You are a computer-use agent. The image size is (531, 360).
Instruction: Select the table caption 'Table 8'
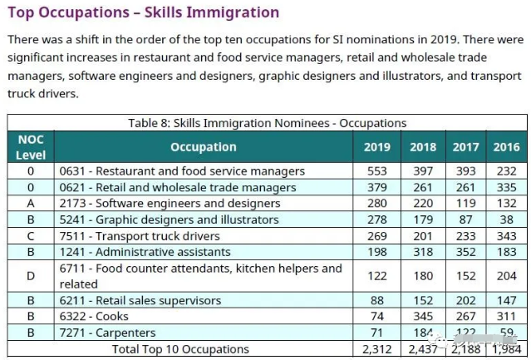click(x=267, y=123)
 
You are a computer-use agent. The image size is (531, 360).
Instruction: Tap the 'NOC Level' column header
click(x=31, y=147)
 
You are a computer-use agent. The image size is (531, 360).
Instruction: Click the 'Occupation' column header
click(x=203, y=147)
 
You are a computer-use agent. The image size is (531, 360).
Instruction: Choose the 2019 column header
click(x=377, y=147)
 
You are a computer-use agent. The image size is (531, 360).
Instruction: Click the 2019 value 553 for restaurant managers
click(x=377, y=171)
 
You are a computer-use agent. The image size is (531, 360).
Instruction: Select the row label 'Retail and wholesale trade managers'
click(x=177, y=187)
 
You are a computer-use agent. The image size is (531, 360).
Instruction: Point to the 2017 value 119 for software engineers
click(x=465, y=204)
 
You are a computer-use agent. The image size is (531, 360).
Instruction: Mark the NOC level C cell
click(x=31, y=236)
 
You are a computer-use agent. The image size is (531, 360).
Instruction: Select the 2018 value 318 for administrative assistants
click(x=422, y=252)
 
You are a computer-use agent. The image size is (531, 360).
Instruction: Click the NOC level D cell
click(x=31, y=276)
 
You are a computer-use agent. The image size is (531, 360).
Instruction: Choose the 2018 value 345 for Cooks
click(x=422, y=317)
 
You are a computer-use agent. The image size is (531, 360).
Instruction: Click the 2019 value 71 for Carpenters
click(x=377, y=333)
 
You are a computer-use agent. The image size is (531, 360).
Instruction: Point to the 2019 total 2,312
click(x=377, y=350)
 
